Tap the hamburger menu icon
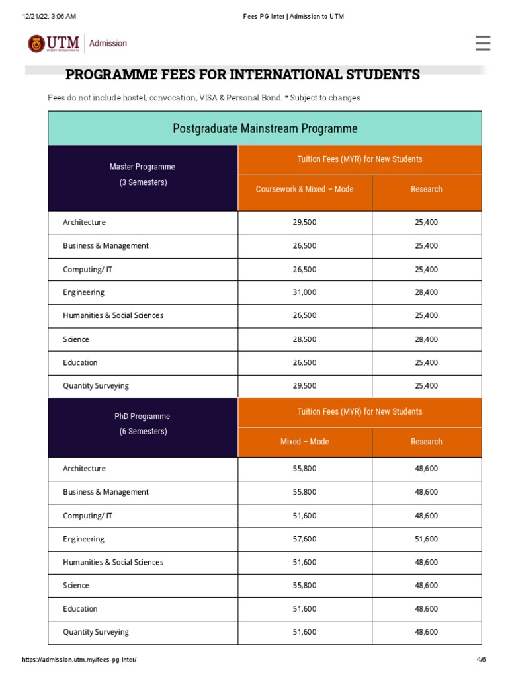[x=483, y=44]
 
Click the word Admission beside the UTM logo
[x=108, y=44]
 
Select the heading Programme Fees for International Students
[x=242, y=75]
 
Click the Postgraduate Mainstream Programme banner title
[x=265, y=128]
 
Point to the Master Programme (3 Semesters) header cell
[x=143, y=175]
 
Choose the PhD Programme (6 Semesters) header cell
[x=143, y=424]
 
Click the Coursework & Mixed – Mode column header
[x=304, y=189]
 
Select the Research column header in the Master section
[x=426, y=189]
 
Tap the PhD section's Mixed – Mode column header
[x=304, y=442]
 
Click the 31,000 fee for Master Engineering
[x=304, y=292]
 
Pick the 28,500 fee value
[x=304, y=339]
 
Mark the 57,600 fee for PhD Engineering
[x=304, y=539]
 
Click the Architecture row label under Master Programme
[x=84, y=223]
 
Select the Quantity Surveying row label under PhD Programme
[x=96, y=632]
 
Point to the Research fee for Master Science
[x=426, y=339]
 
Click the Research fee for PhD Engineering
[x=426, y=539]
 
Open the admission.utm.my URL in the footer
[x=79, y=660]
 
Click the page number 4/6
[x=481, y=660]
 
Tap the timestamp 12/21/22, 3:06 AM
[x=49, y=16]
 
